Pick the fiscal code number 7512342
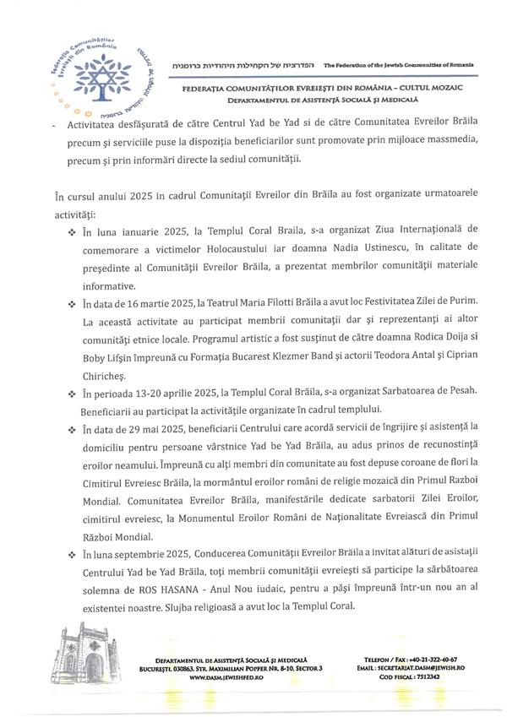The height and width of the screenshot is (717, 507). (x=429, y=677)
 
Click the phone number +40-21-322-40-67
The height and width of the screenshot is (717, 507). (x=427, y=659)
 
